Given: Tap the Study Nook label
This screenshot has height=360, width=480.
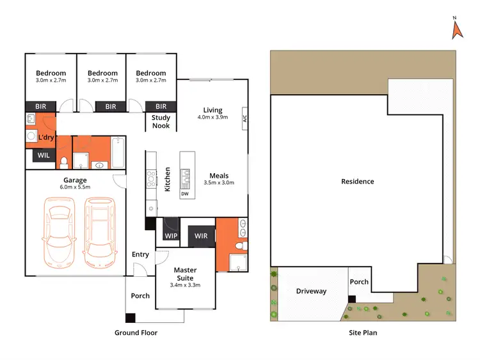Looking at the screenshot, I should (x=161, y=121).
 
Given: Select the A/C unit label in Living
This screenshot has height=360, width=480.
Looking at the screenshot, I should (x=244, y=119).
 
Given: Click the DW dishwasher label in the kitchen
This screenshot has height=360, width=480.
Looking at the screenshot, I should (x=185, y=194).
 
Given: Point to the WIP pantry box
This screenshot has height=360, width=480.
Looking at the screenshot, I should (x=171, y=236).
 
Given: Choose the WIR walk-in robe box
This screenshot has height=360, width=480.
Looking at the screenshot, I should (x=201, y=236).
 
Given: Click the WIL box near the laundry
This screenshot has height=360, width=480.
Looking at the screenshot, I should (x=44, y=155).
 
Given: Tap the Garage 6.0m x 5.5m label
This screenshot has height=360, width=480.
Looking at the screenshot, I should (x=75, y=184).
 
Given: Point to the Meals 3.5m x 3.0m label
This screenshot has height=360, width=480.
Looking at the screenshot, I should (x=219, y=179).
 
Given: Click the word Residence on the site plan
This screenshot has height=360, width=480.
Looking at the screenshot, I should (x=357, y=182).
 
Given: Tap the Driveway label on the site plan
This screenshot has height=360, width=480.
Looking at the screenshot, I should (x=311, y=291).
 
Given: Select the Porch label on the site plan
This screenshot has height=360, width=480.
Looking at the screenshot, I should (x=359, y=281).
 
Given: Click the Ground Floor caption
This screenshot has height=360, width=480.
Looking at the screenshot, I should (x=136, y=333).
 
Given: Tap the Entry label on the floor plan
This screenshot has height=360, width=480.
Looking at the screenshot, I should (x=140, y=254).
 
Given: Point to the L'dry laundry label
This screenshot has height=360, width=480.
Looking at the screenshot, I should (x=46, y=137).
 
